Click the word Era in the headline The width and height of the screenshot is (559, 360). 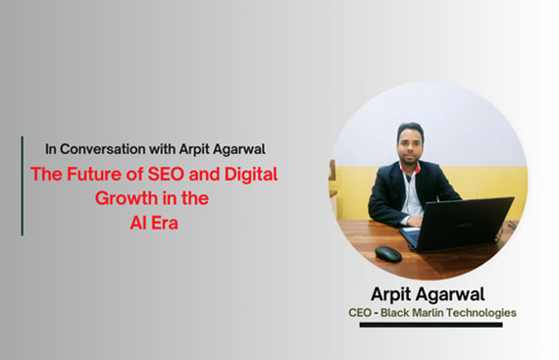(x=161, y=222)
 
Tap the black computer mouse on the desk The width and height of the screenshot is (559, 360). (x=388, y=254)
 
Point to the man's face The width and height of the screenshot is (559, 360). (x=409, y=147)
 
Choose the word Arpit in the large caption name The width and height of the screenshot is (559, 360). (x=396, y=293)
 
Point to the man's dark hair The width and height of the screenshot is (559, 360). (x=410, y=128)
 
